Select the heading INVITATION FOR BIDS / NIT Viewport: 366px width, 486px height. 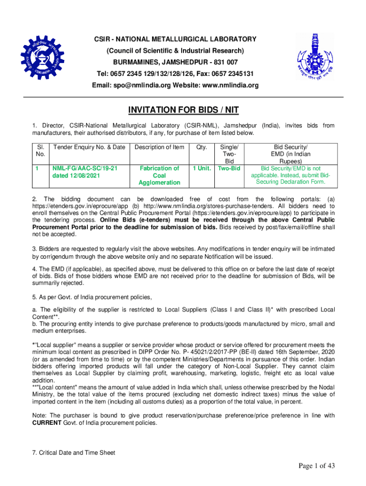coord(183,111)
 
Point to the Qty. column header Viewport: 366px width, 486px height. coord(202,147)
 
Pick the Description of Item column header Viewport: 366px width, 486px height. coord(159,147)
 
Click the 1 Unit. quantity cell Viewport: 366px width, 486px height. coord(202,168)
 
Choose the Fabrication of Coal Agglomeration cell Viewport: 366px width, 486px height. coord(159,176)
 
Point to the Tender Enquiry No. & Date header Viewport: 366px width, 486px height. coord(89,147)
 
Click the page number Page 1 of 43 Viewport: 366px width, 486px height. coord(317,466)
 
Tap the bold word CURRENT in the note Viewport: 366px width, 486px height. coord(47,423)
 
